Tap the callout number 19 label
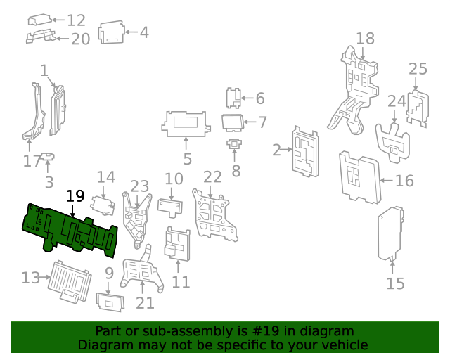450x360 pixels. [75, 196]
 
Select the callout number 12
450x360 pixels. [76, 20]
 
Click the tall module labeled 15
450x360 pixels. [391, 233]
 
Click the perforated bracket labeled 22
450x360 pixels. [214, 212]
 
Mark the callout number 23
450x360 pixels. [139, 186]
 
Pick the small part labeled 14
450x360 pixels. [103, 205]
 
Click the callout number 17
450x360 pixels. [32, 160]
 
